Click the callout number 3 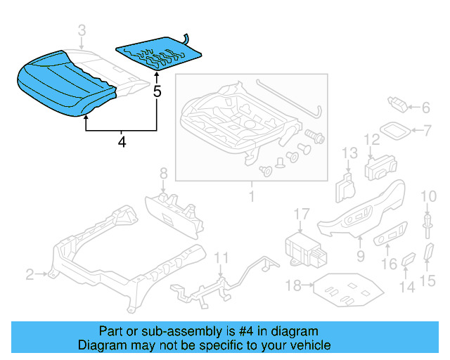pos(82,30)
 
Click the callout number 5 pos(157,91)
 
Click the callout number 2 pos(30,274)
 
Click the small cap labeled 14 pos(409,263)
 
